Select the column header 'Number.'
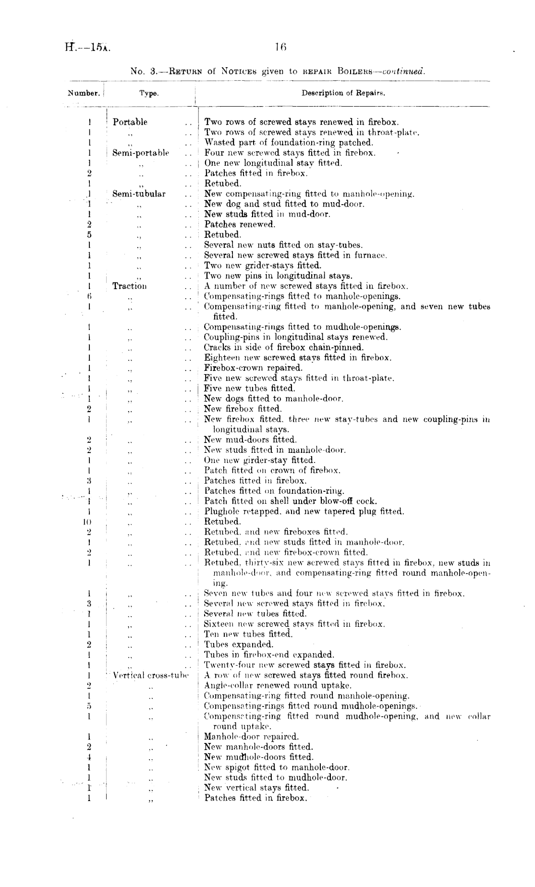click(x=84, y=93)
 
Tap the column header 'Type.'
click(x=149, y=94)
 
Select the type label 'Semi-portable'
click(x=141, y=153)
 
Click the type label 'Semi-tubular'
click(x=139, y=194)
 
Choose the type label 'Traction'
click(x=130, y=286)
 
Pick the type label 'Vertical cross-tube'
click(x=150, y=675)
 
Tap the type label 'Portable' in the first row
click(x=130, y=122)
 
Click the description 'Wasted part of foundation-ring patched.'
click(x=289, y=143)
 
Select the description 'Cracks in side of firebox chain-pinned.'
click(x=284, y=347)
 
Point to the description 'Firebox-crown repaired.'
click(x=254, y=368)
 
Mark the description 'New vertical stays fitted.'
click(x=256, y=788)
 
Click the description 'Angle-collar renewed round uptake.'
click(x=278, y=685)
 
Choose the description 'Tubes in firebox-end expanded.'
click(x=269, y=655)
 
